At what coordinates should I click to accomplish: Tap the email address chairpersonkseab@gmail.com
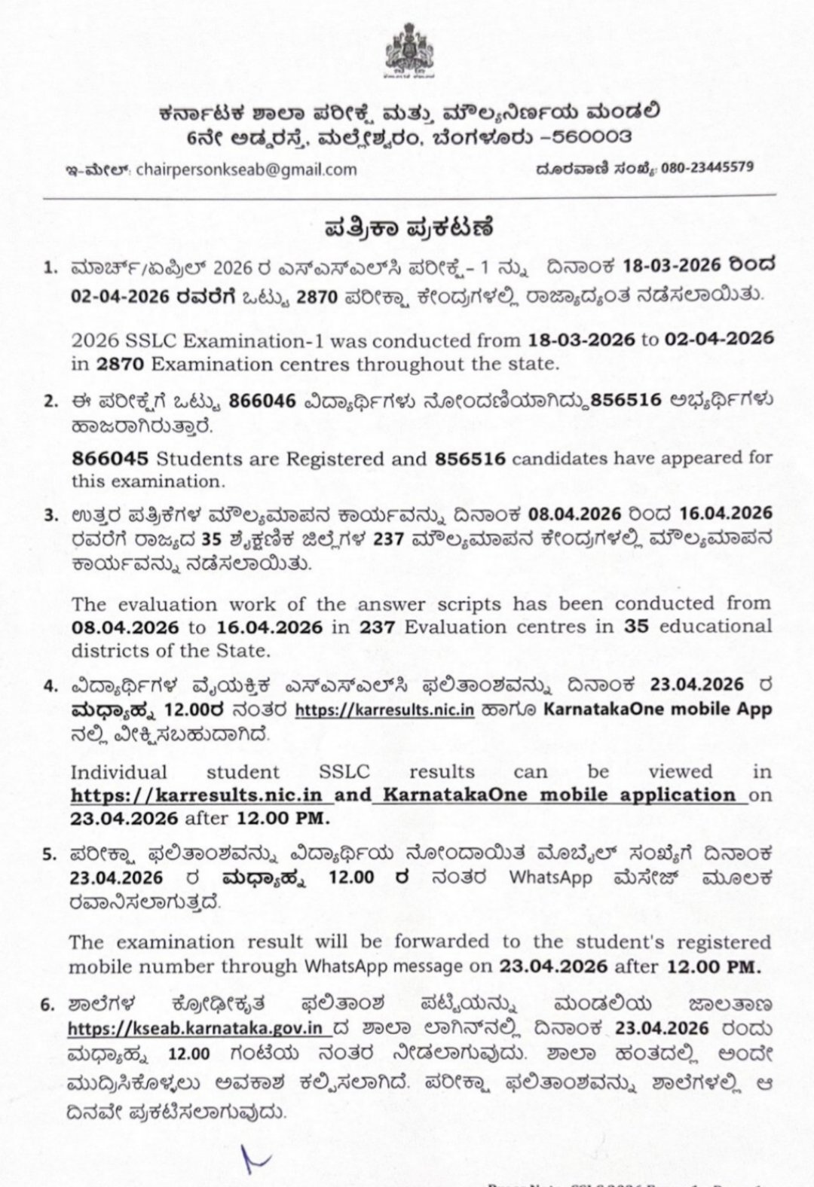246,169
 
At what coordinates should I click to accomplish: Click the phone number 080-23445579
706,167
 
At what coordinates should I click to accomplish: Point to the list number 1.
50,267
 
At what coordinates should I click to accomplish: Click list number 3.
50,515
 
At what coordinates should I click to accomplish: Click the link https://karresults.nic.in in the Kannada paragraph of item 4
384,709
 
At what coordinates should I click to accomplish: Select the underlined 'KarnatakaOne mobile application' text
559,795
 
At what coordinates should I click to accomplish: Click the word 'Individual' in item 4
118,772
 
